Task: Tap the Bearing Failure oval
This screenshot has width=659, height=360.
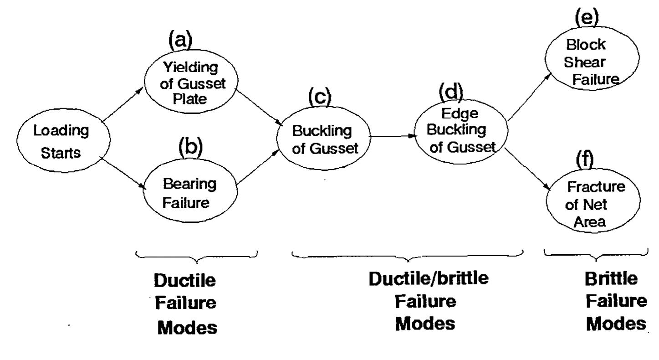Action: (190, 193)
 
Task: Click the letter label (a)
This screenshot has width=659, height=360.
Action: (181, 41)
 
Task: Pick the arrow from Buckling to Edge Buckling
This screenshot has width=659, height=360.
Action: (393, 136)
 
